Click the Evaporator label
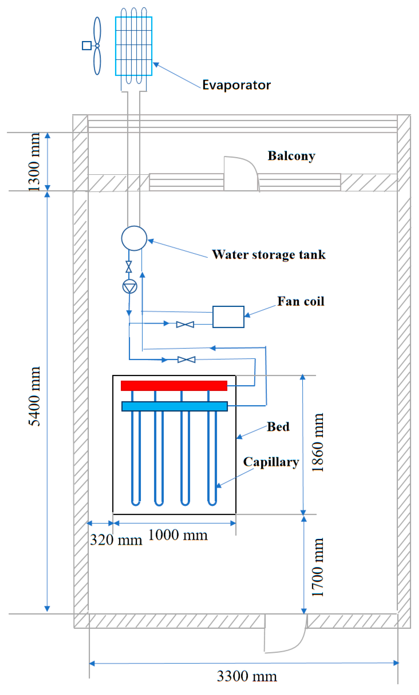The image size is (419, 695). (236, 85)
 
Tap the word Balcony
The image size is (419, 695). (291, 156)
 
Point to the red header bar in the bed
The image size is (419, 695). (174, 386)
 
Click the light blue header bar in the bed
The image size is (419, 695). (174, 406)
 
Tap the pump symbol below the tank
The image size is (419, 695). (130, 287)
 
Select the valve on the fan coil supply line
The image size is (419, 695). (185, 324)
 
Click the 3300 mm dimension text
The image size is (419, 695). (247, 676)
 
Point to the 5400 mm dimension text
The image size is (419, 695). (34, 396)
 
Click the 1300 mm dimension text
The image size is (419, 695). (34, 162)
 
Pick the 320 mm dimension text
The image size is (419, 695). (116, 540)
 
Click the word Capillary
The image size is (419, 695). (271, 462)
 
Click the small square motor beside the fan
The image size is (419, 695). (87, 46)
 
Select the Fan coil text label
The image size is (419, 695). (301, 301)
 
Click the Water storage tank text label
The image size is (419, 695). (269, 255)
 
